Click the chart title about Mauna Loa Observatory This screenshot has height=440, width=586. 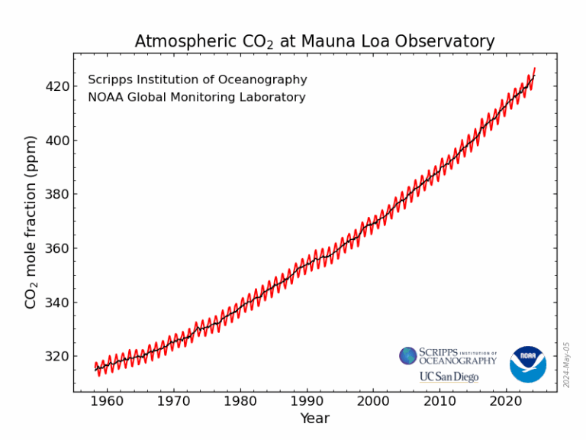point(314,41)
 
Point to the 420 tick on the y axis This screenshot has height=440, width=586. point(57,86)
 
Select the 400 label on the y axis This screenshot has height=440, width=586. point(57,141)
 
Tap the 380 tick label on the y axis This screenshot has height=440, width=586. point(57,194)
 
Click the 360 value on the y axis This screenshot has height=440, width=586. point(57,248)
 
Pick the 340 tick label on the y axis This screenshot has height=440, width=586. point(57,302)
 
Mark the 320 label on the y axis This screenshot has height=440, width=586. point(57,356)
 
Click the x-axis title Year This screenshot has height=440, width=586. point(314,419)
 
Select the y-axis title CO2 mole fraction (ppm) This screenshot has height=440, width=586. point(31,222)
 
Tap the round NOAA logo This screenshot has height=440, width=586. point(528,364)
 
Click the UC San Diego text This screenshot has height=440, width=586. point(449,377)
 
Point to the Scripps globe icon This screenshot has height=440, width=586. point(408,356)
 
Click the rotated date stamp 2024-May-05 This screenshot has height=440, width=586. point(566,364)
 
